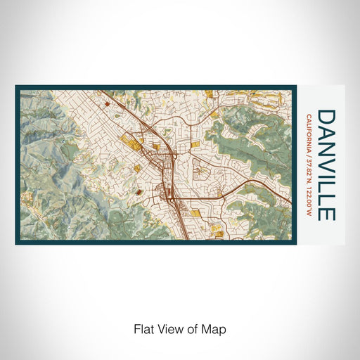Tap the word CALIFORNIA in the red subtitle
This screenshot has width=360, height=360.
(x=310, y=129)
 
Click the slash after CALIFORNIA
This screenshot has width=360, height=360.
(x=310, y=148)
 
